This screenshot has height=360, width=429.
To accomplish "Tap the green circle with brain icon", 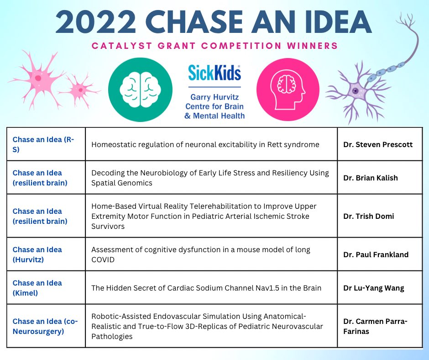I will click(140, 89).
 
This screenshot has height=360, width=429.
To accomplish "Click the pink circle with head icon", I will click(288, 89).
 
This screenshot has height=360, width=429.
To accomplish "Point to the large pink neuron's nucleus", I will click(38, 78).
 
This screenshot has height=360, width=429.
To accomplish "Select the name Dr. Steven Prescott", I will click(378, 144).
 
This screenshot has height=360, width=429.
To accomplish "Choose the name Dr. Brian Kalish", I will click(371, 178).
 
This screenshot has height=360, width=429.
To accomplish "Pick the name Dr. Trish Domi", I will click(369, 216).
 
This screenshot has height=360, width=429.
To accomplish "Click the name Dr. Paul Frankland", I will click(376, 254).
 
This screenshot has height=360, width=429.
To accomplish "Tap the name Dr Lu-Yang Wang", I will click(373, 288).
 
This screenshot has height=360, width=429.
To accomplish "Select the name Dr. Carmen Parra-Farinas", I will click(375, 326).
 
